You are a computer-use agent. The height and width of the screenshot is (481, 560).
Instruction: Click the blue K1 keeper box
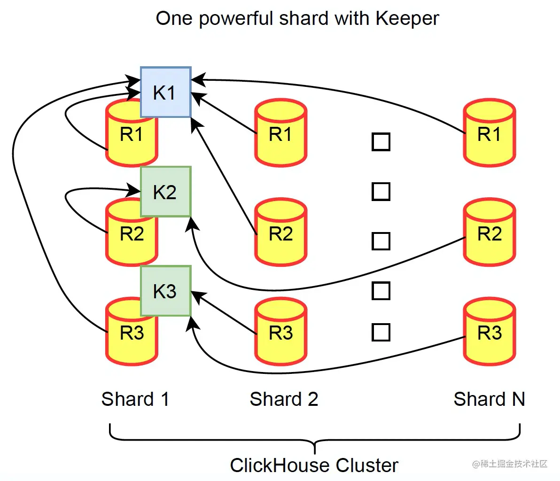pos(165,92)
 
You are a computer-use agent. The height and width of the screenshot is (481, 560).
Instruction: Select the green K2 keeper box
pos(165,192)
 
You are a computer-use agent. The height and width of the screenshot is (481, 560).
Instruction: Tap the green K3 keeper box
pos(165,291)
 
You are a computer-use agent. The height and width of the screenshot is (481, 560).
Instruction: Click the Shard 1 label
pos(135,399)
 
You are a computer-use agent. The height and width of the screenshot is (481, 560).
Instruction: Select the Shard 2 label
pos(284,399)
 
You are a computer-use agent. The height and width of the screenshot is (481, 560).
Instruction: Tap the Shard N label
pos(489,399)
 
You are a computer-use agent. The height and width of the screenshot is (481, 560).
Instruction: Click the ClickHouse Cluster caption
pos(314,465)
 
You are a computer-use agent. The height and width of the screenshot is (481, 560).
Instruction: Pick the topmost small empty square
pos(381,142)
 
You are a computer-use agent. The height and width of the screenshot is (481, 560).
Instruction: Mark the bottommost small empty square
pos(381,332)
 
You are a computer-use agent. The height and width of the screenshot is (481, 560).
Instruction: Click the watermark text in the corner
pos(510,464)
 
